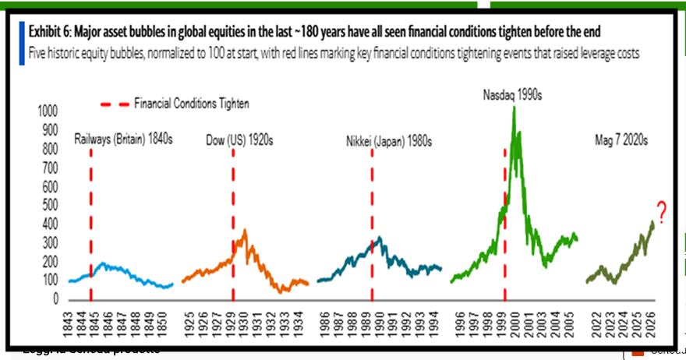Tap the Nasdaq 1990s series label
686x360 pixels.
509,94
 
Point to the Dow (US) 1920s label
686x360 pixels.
240,140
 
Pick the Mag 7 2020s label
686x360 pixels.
621,140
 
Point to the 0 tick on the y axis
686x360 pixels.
55,299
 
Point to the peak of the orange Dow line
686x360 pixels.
246,230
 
